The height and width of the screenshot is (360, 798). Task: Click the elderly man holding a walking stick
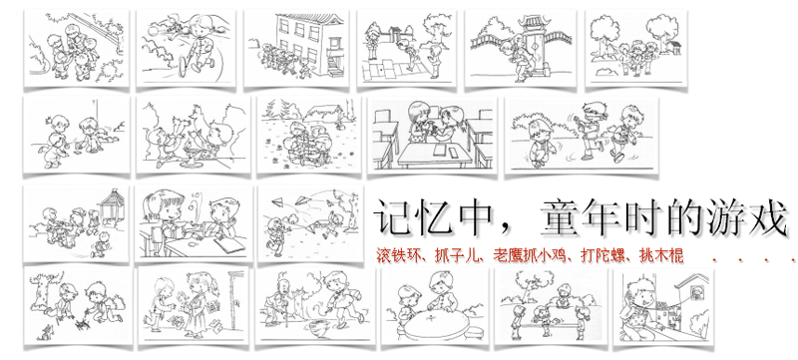279,301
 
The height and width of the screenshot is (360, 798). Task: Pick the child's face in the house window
693,292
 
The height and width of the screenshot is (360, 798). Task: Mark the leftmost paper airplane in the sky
277,202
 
